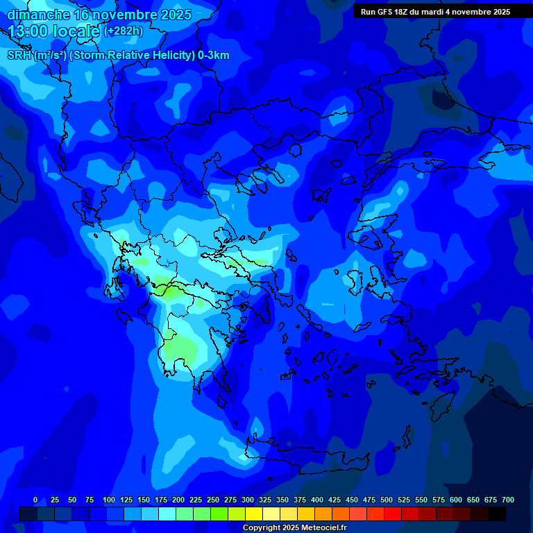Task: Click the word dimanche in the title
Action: click(x=38, y=15)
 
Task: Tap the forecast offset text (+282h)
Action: click(x=124, y=31)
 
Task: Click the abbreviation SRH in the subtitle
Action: click(x=19, y=56)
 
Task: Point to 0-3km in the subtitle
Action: click(x=213, y=56)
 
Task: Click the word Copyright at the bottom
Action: click(x=262, y=528)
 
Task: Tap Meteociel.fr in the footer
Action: click(x=324, y=528)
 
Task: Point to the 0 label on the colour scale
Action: click(x=35, y=500)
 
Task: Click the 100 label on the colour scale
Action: click(x=109, y=500)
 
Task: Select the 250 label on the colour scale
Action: click(x=213, y=500)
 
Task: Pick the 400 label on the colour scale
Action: click(x=317, y=500)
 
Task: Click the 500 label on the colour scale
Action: click(x=387, y=500)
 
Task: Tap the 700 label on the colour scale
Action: click(x=508, y=500)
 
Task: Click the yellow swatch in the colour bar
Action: click(x=254, y=514)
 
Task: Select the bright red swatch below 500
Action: click(x=393, y=514)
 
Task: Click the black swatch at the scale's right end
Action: click(x=497, y=514)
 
